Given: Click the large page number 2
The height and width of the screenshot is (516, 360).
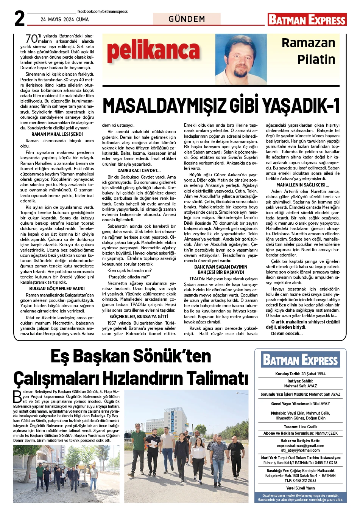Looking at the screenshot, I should coord(19,18).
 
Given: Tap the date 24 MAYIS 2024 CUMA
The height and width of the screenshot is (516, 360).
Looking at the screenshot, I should coord(65,19).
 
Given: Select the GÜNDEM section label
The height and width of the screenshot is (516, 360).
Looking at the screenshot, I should coord(187,19).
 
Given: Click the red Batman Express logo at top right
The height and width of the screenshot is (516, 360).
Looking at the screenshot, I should coord(307,19).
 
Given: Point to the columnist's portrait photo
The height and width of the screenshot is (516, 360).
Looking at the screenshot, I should coord(241,59).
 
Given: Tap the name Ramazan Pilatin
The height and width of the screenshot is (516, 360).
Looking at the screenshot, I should coord(309,51).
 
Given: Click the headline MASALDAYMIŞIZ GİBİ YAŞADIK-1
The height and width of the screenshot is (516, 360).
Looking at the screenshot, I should coord(221,106).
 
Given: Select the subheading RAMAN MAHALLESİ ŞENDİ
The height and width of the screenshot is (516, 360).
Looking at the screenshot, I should coord(57,134).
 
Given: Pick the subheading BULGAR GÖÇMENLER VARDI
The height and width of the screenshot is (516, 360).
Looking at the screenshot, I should coord(57,289).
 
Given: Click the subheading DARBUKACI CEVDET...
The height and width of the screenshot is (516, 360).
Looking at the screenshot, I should coord(139,171).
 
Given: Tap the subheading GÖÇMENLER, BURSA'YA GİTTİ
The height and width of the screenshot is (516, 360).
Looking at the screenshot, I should coord(139,316).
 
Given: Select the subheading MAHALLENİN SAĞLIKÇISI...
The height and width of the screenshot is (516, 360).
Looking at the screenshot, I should coord(303,185).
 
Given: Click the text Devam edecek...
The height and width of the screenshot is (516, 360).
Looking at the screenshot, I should coord(287,334).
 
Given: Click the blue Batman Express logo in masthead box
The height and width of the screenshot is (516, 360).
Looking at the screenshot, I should coord(301,359).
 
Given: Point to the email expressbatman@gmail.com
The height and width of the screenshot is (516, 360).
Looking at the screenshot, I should coord(300,446).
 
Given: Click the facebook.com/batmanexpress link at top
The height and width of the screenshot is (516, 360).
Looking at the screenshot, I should coord(103,12).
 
